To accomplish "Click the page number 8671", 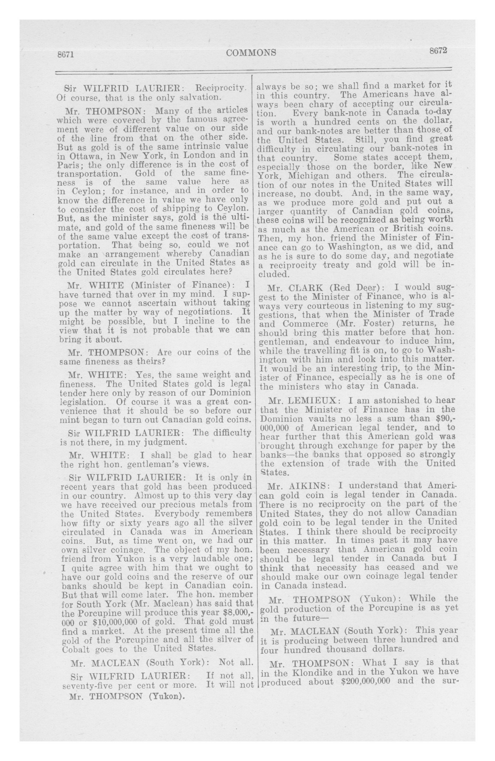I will point(66,55).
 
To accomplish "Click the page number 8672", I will point(438,51).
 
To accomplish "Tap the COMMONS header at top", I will point(251,52).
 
